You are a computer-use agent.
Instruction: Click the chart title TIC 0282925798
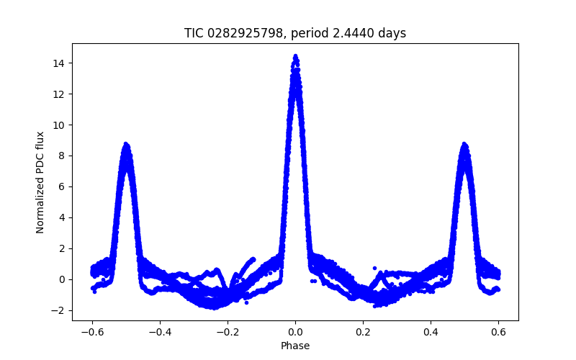pos(295,33)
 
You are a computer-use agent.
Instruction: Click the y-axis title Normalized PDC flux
pos(40,181)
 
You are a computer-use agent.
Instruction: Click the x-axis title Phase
pos(295,346)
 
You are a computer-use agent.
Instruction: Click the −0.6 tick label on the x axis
pos(92,333)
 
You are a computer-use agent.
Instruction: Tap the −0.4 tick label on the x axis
pos(160,333)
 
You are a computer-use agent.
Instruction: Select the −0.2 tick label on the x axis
pos(228,333)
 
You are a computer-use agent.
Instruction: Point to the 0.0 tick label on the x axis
pos(295,333)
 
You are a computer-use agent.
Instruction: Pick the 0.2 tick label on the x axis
pos(363,333)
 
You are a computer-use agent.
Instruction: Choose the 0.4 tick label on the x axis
pos(431,333)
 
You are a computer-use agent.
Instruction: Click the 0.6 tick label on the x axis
pos(498,333)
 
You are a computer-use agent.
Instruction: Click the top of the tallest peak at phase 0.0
pos(295,55)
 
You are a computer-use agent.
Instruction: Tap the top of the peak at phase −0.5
pos(126,144)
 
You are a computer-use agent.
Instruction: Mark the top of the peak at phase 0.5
pos(464,144)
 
